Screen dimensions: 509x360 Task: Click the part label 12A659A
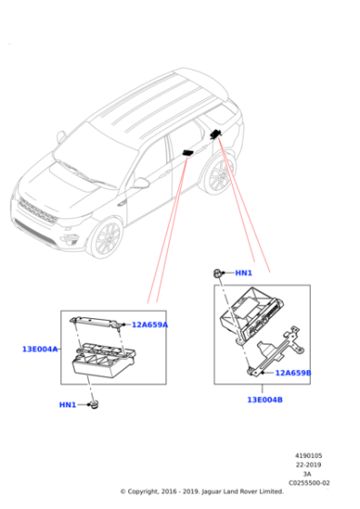click(x=150, y=324)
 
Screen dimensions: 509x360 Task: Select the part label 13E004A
click(x=40, y=349)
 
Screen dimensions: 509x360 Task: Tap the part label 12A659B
click(x=293, y=373)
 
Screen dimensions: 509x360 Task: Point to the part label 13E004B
click(x=265, y=399)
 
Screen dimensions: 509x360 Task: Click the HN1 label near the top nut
click(x=244, y=273)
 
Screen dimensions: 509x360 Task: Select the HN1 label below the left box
click(x=68, y=404)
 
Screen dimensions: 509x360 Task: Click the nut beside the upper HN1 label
click(x=219, y=273)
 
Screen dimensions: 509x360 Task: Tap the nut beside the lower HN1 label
click(x=93, y=404)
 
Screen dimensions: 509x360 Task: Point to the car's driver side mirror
click(x=140, y=183)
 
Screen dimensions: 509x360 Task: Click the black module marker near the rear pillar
click(x=216, y=134)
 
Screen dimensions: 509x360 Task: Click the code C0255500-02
click(x=309, y=483)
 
